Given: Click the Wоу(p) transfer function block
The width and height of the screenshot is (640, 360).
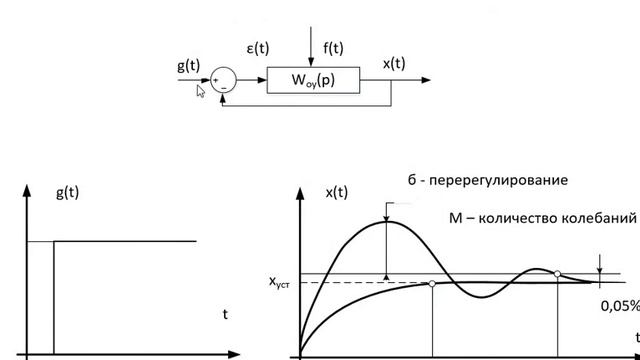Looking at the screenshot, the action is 313,80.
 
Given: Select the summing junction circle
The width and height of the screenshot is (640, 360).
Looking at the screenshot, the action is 223,80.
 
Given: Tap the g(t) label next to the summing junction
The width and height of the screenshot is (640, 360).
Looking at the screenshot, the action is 189,65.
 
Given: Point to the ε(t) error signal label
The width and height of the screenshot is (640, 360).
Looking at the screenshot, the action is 258,49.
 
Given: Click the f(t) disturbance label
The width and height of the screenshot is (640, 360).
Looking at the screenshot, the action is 333,48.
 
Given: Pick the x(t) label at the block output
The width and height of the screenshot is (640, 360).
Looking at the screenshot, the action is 394,64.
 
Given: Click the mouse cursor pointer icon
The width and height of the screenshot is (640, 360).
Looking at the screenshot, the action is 200,91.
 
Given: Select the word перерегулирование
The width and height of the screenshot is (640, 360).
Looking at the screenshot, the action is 498,180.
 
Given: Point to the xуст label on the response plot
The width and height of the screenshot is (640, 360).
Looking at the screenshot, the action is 279,282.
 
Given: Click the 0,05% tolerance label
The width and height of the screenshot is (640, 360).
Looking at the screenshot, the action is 620,306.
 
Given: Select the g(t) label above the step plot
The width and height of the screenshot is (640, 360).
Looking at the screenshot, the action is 67,192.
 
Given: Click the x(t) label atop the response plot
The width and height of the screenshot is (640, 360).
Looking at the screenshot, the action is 337,192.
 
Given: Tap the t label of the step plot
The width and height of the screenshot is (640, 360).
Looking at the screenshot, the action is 225,314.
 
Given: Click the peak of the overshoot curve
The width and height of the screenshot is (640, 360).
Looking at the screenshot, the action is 387,222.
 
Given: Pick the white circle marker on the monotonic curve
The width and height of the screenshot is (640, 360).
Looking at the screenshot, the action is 432,284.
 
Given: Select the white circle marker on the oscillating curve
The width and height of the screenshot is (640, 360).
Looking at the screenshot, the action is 557,274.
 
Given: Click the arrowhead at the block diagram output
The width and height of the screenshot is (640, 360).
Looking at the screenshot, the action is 426,80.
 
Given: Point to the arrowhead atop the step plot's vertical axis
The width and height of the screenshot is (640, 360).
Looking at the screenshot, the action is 27,190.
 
